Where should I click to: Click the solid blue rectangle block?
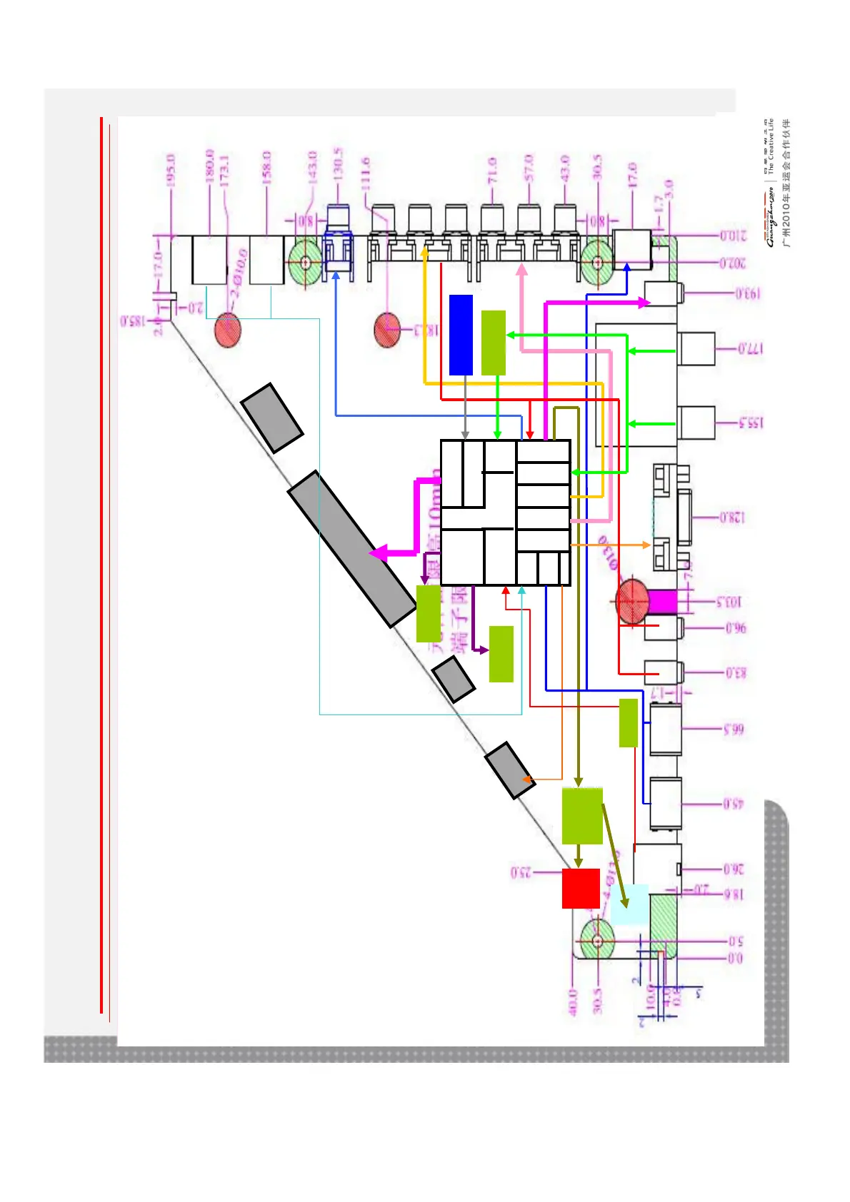461,334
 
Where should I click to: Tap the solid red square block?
581,888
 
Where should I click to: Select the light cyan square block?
630,904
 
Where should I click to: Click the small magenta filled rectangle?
662,601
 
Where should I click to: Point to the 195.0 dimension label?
171,170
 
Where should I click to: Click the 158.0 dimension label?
266,168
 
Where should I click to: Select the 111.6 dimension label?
366,173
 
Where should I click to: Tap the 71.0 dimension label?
493,171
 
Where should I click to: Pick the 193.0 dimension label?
747,293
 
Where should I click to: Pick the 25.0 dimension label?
521,872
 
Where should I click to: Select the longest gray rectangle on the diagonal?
351,549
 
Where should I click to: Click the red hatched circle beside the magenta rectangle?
632,601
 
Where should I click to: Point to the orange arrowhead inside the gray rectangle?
527,779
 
